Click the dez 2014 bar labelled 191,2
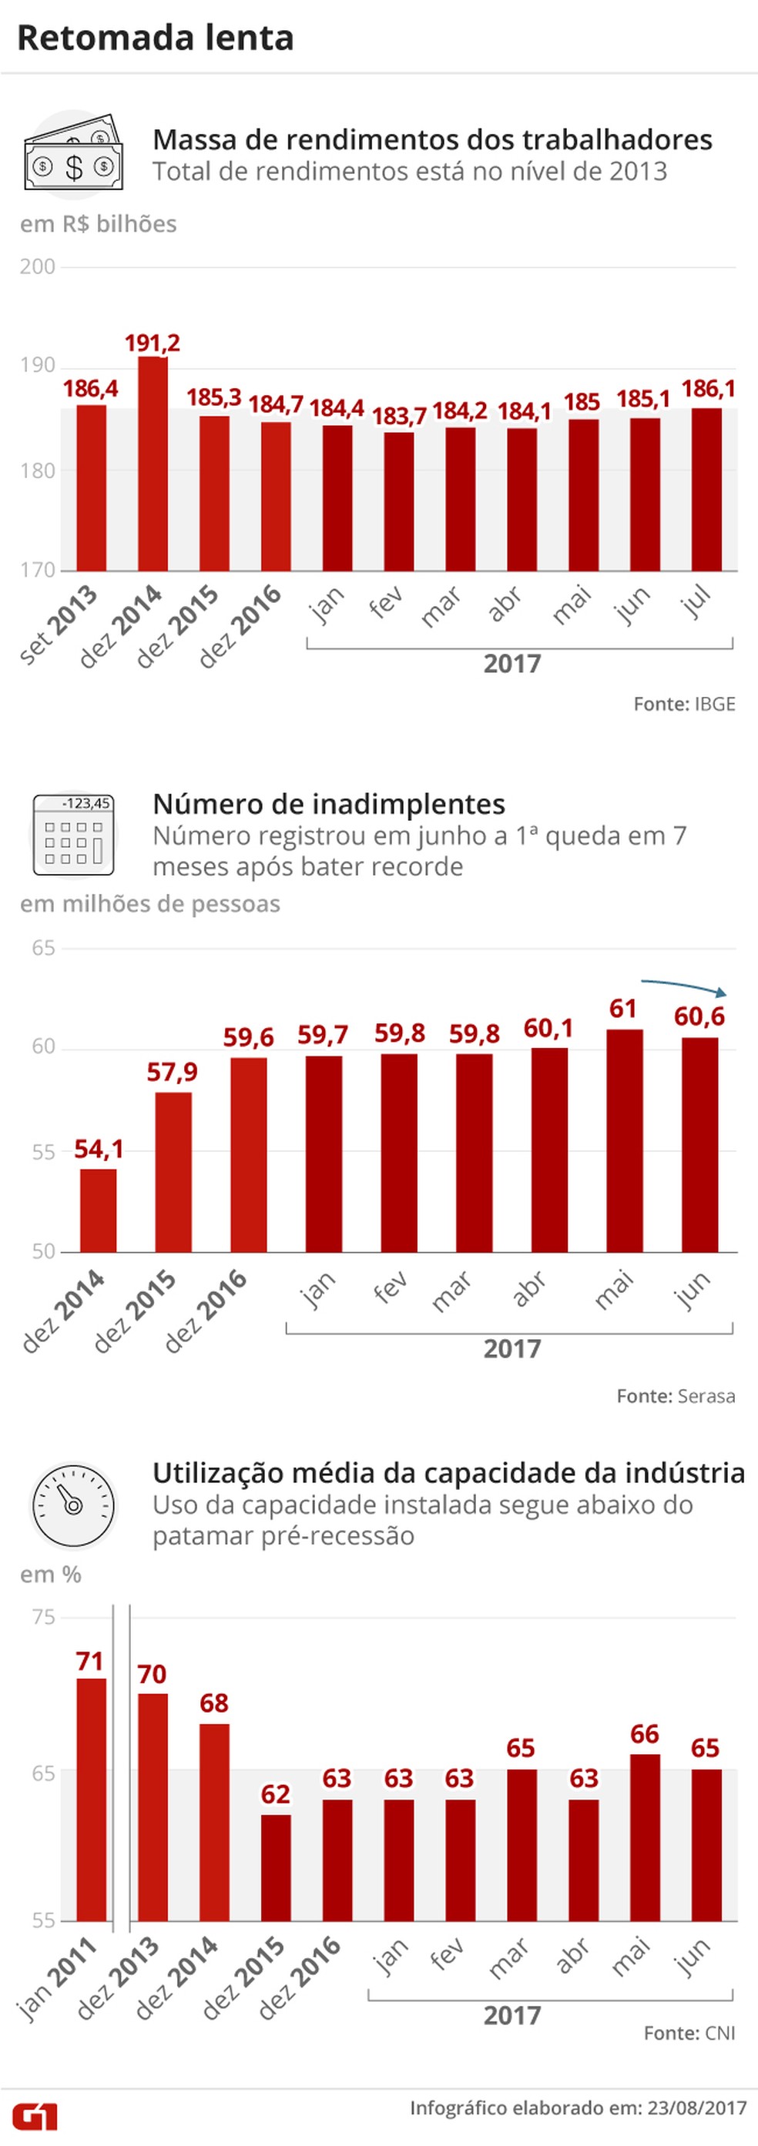point(153,464)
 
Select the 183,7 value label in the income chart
point(398,415)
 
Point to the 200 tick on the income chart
point(37,266)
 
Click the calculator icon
point(73,834)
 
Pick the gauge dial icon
point(73,1505)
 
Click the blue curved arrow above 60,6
point(683,986)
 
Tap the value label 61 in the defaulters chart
point(622,1009)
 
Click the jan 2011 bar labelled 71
point(92,1799)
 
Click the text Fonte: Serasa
point(675,1395)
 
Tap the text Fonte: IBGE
point(684,704)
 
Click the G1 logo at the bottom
point(35,2115)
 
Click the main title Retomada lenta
point(155,38)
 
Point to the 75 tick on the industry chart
point(43,1617)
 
